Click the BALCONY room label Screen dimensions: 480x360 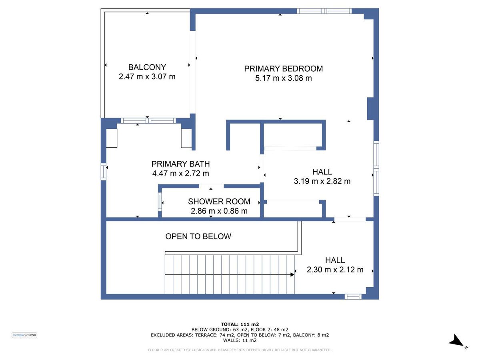coord(147,67)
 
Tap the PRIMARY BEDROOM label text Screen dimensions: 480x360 coord(284,69)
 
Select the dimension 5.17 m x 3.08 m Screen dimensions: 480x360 coord(284,78)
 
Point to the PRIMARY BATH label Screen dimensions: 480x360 coord(180,164)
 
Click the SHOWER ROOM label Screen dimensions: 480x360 coord(219,202)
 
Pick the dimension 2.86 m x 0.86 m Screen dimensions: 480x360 coord(219,211)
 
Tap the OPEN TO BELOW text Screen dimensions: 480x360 coord(198,236)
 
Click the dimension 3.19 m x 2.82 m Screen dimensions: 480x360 coord(322,181)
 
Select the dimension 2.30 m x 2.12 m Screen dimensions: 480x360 coord(335,270)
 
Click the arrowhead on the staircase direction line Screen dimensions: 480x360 coord(292,274)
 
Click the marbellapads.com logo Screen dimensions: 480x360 coord(24,335)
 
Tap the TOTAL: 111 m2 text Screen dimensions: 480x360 coord(240,324)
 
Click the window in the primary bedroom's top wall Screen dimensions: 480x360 coord(324,11)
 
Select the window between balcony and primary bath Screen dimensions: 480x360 coord(148,121)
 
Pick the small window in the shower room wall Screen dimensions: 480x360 coord(160,202)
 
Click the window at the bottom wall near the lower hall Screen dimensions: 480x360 coord(353,297)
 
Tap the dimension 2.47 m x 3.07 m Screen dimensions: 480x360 coord(147,77)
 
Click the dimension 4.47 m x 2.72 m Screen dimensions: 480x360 coord(180,173)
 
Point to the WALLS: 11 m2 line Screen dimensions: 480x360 coord(240,340)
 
